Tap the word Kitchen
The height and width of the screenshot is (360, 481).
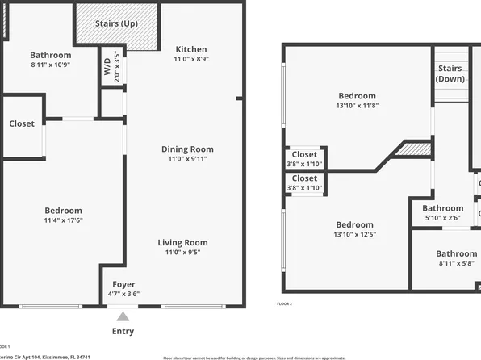click(x=190, y=49)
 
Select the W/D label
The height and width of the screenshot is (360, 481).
click(x=107, y=69)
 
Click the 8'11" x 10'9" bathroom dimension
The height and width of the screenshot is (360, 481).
click(x=51, y=65)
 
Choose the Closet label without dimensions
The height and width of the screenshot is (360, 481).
click(x=22, y=123)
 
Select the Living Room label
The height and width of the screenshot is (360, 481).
click(x=182, y=242)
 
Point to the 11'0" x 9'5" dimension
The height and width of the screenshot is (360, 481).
click(x=182, y=253)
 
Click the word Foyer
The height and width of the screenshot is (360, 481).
click(x=123, y=284)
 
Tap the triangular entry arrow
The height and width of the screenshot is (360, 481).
click(x=123, y=316)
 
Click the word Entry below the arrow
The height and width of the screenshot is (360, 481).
click(x=123, y=331)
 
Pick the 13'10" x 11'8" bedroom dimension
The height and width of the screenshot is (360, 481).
click(x=356, y=105)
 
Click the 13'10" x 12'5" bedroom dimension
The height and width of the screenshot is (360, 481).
click(x=354, y=235)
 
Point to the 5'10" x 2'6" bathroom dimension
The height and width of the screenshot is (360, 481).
click(x=444, y=218)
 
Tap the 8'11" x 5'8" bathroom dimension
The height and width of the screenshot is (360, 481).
click(x=457, y=263)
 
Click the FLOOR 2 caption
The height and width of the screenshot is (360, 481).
click(x=284, y=303)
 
